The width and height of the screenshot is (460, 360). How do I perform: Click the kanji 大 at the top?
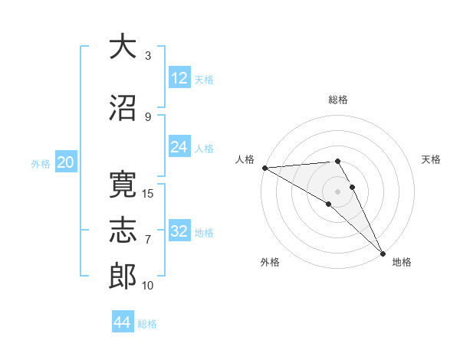123,47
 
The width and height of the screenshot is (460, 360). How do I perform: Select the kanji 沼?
123,109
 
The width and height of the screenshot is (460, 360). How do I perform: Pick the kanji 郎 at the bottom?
123,277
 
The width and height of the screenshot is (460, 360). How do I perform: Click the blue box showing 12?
179,78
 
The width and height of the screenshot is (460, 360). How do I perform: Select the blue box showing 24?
179,147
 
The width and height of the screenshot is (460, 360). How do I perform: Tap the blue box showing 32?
179,231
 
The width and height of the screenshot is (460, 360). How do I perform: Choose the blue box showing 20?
65,162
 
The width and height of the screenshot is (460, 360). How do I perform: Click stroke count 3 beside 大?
148,55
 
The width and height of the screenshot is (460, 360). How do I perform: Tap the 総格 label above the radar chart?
338,100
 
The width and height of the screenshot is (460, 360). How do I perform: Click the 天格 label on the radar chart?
432,159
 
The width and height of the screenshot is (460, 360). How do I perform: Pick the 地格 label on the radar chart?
402,262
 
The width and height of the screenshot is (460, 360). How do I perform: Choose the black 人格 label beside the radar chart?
245,159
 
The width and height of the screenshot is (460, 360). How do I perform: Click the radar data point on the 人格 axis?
264,168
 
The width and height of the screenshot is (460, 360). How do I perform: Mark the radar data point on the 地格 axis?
382,252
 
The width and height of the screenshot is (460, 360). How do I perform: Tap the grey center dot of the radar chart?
338,191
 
